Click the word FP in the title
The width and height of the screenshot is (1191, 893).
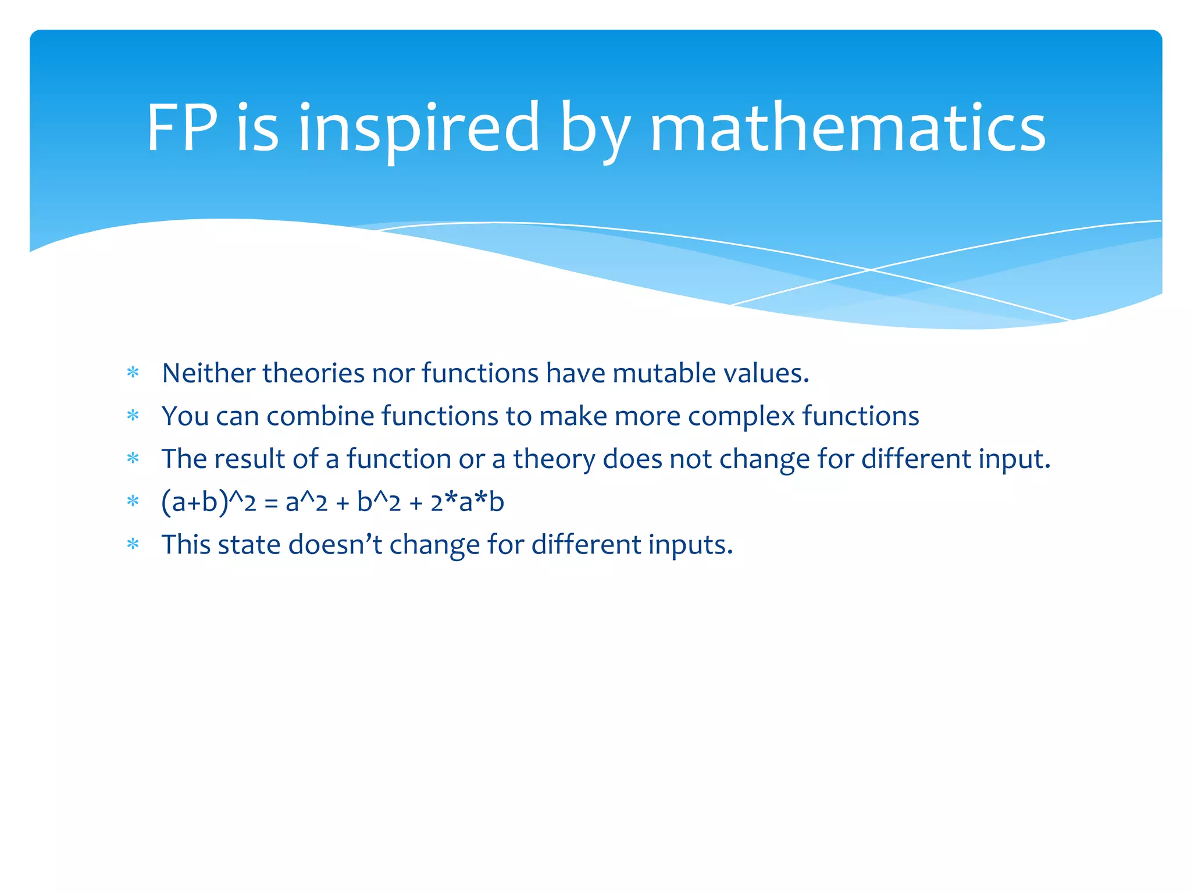[182, 127]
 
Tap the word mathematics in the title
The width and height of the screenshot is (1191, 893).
[847, 127]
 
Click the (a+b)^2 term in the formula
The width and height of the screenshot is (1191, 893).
[209, 502]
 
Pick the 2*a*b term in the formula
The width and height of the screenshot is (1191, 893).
[467, 502]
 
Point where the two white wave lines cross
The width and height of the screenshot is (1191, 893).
[871, 270]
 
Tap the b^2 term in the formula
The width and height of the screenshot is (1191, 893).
[379, 502]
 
